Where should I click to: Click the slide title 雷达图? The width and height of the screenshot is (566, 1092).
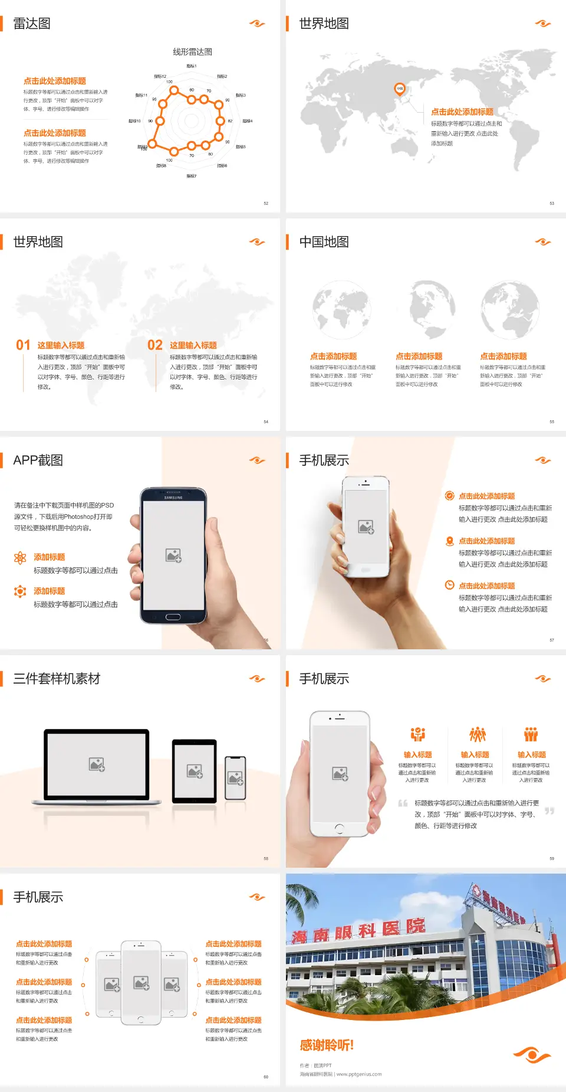pyautogui.click(x=32, y=24)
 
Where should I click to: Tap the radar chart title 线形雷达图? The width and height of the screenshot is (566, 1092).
pyautogui.click(x=192, y=52)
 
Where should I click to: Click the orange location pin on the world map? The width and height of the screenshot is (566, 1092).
pyautogui.click(x=399, y=89)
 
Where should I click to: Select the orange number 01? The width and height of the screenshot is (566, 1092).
pyautogui.click(x=23, y=345)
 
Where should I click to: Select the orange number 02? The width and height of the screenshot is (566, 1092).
pyautogui.click(x=155, y=345)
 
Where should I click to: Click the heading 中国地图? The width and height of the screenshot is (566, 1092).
pyautogui.click(x=324, y=242)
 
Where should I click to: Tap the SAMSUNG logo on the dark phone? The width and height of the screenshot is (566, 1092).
pyautogui.click(x=173, y=498)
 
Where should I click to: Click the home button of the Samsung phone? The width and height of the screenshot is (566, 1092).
pyautogui.click(x=173, y=617)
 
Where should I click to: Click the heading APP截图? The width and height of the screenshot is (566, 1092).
pyautogui.click(x=38, y=460)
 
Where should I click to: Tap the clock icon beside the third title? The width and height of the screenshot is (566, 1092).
pyautogui.click(x=449, y=585)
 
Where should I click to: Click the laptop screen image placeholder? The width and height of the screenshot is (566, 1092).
pyautogui.click(x=97, y=764)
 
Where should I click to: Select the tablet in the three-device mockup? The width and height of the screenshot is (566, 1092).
pyautogui.click(x=195, y=771)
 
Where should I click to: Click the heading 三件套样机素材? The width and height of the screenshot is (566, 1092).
pyautogui.click(x=57, y=679)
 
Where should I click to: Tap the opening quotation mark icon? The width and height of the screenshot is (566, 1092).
pyautogui.click(x=403, y=803)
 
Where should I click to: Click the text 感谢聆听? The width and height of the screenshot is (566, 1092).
pyautogui.click(x=327, y=1045)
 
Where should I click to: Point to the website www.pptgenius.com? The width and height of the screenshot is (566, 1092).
pyautogui.click(x=359, y=1074)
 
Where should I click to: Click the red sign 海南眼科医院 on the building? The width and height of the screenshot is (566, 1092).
pyautogui.click(x=358, y=930)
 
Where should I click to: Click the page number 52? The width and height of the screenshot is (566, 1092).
pyautogui.click(x=266, y=203)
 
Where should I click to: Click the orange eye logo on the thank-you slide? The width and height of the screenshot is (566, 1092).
pyautogui.click(x=532, y=1054)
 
